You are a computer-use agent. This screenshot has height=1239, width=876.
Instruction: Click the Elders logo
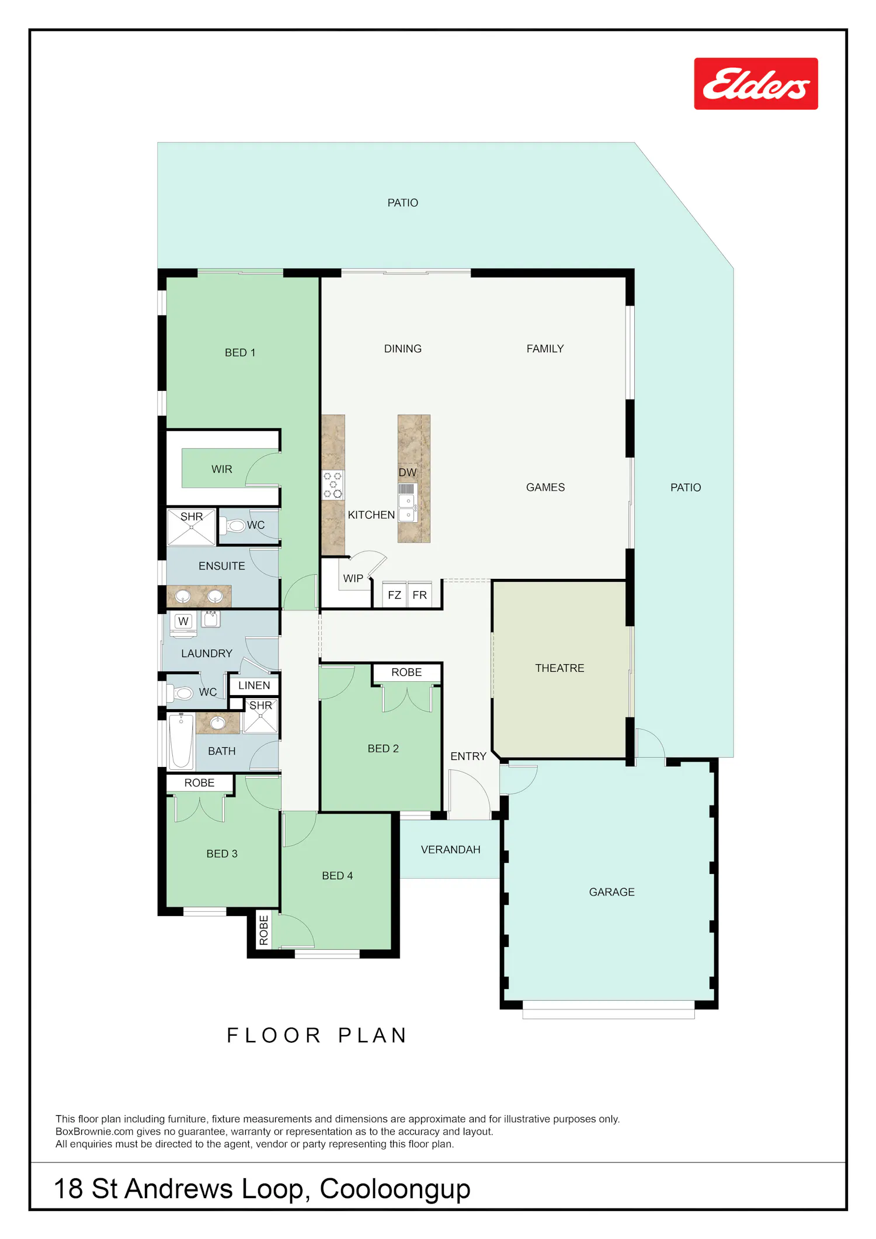tap(756, 84)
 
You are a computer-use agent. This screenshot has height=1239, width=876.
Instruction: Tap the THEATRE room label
tap(559, 668)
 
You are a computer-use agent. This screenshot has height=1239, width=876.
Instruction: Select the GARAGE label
tap(611, 892)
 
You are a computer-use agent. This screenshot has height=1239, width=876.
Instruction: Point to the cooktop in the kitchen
tap(333, 485)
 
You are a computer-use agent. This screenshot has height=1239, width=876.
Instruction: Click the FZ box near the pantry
tap(394, 595)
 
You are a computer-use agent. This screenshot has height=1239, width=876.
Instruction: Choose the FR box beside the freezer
tap(419, 595)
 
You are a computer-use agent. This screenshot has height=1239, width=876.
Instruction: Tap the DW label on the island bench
tap(407, 472)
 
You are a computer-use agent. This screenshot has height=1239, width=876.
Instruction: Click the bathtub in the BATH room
tap(181, 741)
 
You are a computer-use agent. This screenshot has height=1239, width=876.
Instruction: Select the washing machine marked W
tap(183, 622)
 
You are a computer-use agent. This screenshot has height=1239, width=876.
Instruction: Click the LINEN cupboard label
tap(254, 685)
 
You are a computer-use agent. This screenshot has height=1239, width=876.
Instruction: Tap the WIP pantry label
tap(353, 578)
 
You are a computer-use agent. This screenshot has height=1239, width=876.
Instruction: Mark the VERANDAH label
tap(450, 849)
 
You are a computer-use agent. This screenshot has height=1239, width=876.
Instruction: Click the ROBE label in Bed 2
tap(406, 672)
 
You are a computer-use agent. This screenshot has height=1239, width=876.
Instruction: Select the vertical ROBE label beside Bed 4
tap(263, 931)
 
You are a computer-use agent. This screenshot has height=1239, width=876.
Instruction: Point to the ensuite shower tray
tap(192, 527)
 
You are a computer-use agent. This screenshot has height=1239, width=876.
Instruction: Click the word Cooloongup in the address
tap(395, 1189)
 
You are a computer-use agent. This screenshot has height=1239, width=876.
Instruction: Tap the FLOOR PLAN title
tap(317, 1035)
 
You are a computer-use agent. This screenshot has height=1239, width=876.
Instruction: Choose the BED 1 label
tap(240, 352)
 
